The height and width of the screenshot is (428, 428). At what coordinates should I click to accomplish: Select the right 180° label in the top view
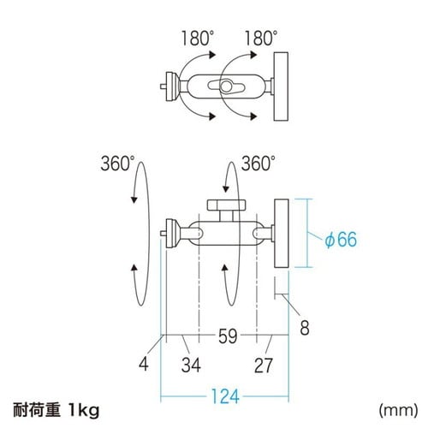260,39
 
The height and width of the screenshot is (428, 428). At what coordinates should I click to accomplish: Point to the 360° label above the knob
257,162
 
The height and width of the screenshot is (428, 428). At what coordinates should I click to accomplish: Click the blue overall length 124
223,396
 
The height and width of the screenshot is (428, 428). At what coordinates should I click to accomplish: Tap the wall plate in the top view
280,86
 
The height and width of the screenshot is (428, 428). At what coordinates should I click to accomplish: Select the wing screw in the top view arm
227,86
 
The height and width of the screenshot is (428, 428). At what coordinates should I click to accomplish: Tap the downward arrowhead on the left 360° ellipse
134,199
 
